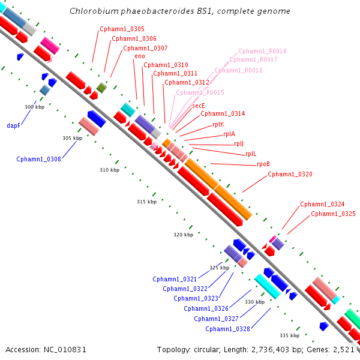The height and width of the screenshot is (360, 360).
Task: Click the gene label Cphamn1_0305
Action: pyautogui.click(x=122, y=29)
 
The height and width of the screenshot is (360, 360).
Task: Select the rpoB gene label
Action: pyautogui.click(x=263, y=164)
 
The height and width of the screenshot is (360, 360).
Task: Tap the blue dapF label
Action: pyautogui.click(x=14, y=125)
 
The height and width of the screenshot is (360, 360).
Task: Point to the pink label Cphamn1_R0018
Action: pyautogui.click(x=262, y=51)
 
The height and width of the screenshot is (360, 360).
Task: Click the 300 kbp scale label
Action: pyautogui.click(x=35, y=107)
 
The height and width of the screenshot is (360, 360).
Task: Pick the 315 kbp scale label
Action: pyautogui.click(x=147, y=202)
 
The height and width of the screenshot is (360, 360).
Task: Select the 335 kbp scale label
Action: pyautogui.click(x=290, y=335)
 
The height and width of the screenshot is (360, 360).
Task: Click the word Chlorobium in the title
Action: pyautogui.click(x=94, y=11)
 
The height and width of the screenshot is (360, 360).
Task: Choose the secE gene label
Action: pyautogui.click(x=199, y=106)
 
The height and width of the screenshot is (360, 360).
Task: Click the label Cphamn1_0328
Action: pyautogui.click(x=227, y=329)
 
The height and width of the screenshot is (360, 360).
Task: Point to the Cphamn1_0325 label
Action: pyautogui.click(x=333, y=214)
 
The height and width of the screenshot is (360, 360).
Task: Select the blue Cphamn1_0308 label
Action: pyautogui.click(x=38, y=159)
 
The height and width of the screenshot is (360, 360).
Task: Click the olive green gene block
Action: pyautogui.click(x=101, y=88)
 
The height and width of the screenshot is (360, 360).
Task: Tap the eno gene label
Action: pyautogui.click(x=140, y=56)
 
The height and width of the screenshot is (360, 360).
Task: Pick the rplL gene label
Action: pyautogui.click(x=251, y=154)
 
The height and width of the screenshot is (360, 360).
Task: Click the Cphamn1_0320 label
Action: pyautogui.click(x=290, y=174)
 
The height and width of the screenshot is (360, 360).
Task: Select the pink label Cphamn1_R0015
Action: pyautogui.click(x=200, y=92)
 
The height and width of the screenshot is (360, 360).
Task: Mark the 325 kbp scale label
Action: pyautogui.click(x=219, y=268)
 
